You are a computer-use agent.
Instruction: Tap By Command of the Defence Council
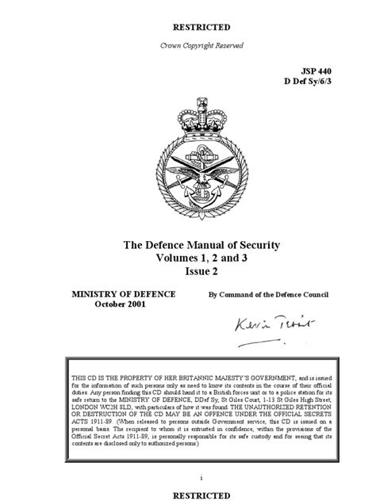[x=268, y=295]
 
